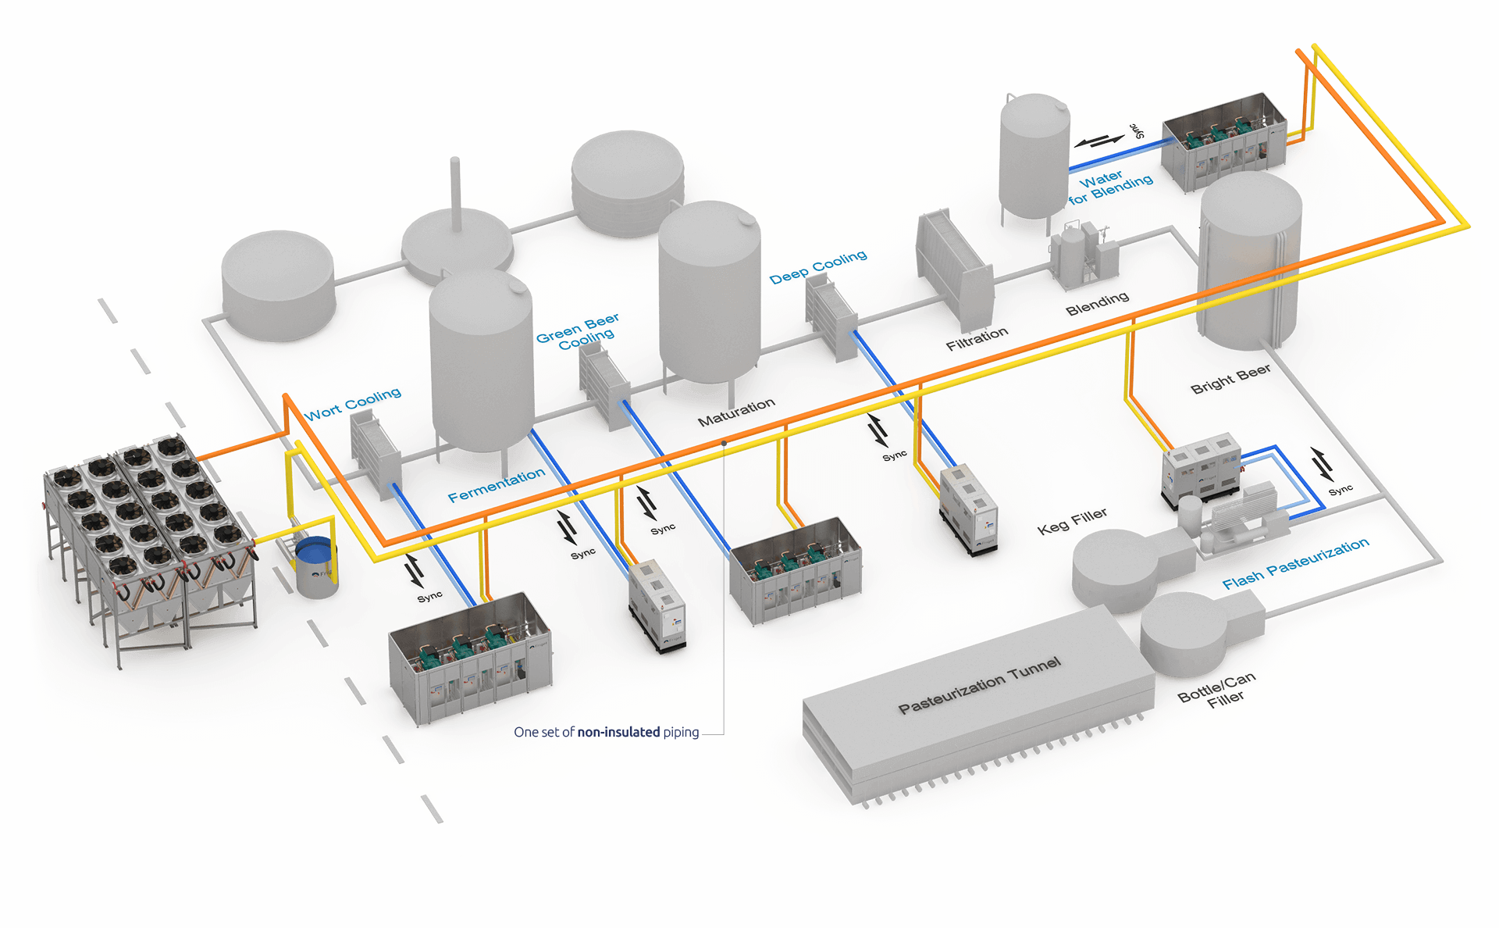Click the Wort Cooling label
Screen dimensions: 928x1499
pyautogui.click(x=353, y=404)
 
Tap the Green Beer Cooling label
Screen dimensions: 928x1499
pyautogui.click(x=579, y=332)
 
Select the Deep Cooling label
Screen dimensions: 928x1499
pyautogui.click(x=817, y=266)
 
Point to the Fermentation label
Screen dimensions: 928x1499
pyautogui.click(x=497, y=485)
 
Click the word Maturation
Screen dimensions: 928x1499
pyautogui.click(x=736, y=412)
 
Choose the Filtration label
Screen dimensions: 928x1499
pyautogui.click(x=977, y=339)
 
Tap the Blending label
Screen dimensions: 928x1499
pyautogui.click(x=1097, y=303)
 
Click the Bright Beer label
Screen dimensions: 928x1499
pyautogui.click(x=1230, y=378)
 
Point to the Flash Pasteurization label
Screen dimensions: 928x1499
pyautogui.click(x=1295, y=563)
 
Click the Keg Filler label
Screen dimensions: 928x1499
pyautogui.click(x=1072, y=521)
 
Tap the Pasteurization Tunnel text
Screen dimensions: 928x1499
pyautogui.click(x=980, y=686)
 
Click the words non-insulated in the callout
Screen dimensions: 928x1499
pyautogui.click(x=618, y=732)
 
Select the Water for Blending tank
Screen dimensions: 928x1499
pyautogui.click(x=1034, y=156)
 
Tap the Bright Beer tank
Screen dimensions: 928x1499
pyautogui.click(x=1249, y=262)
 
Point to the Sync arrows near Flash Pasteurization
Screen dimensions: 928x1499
pyautogui.click(x=1323, y=466)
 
